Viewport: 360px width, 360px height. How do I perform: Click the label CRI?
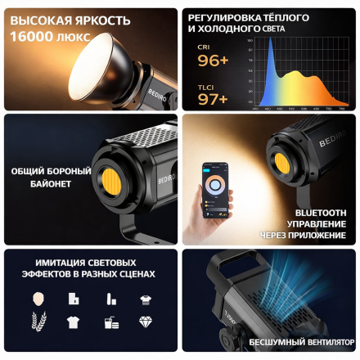tap(204, 47)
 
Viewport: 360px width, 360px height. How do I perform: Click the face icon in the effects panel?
tap(38, 297)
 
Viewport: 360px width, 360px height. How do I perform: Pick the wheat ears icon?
tap(38, 322)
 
